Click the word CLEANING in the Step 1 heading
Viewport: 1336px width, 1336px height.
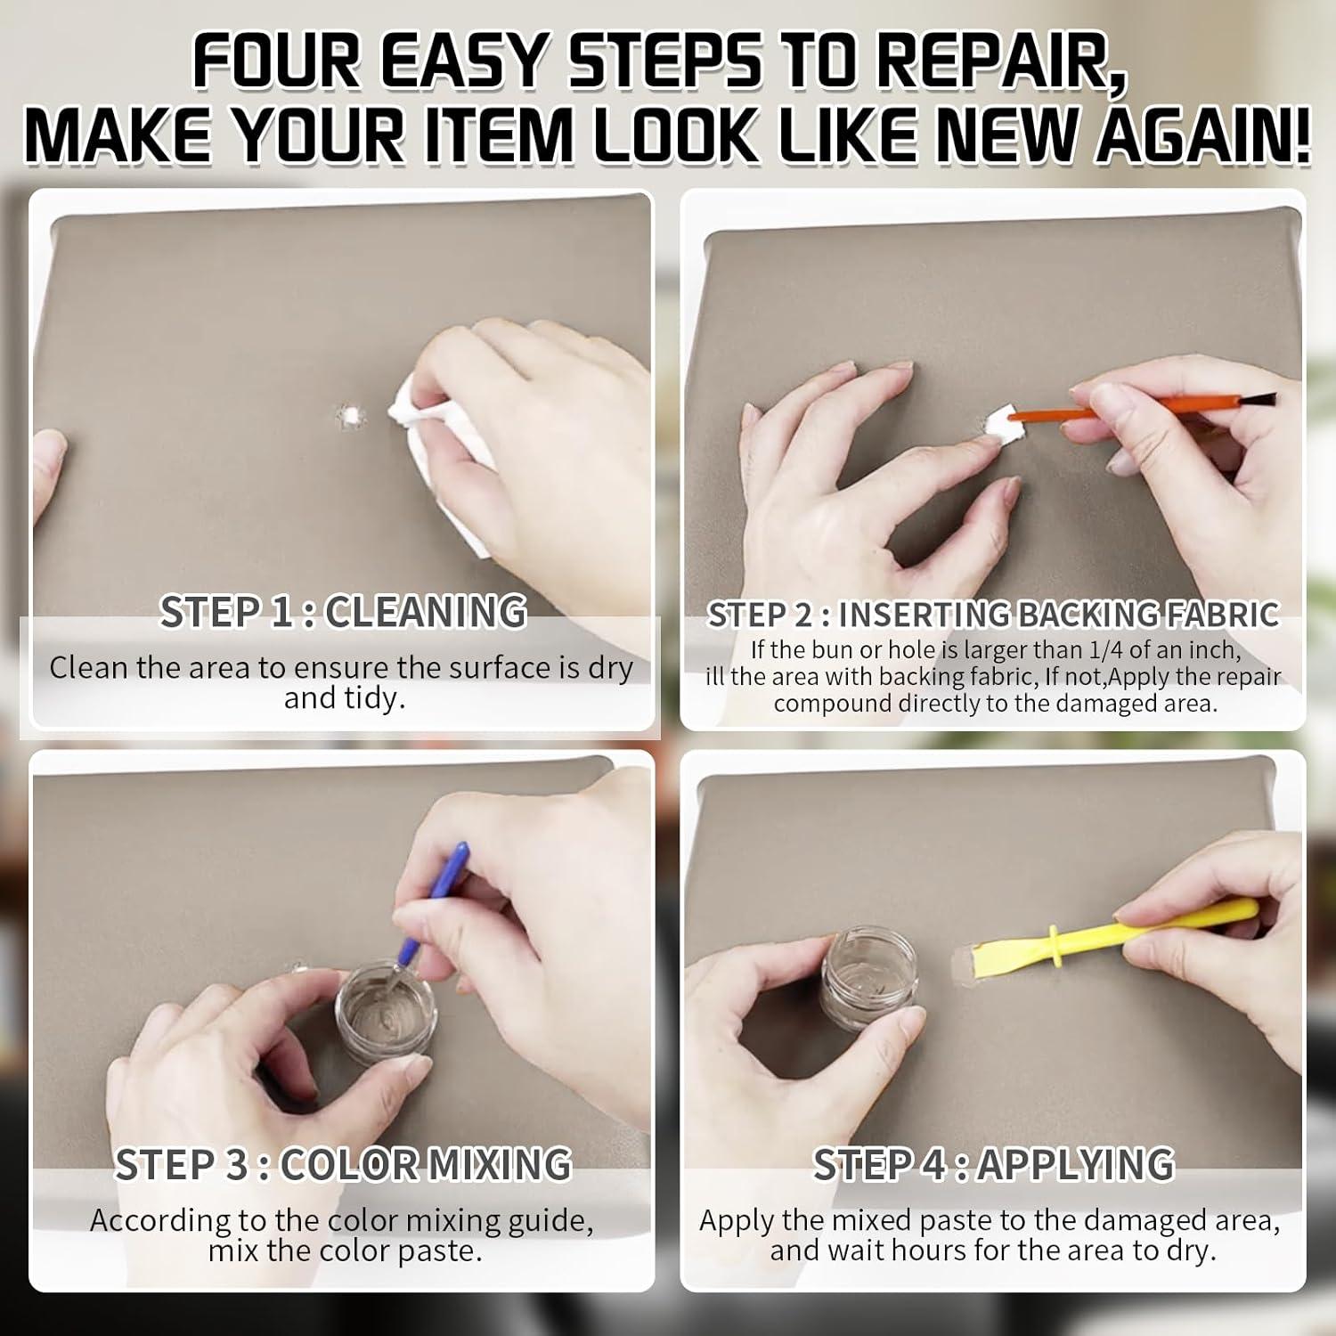point(425,612)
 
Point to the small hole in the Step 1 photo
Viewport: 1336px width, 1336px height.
point(350,416)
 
